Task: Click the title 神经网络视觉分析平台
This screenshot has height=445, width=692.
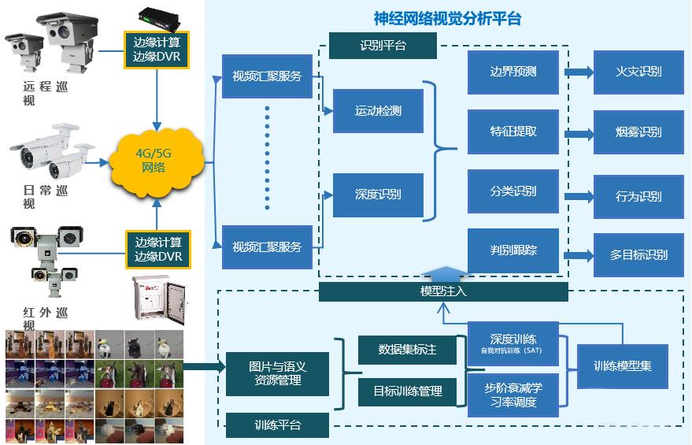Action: click(447, 18)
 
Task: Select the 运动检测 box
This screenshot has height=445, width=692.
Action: click(378, 111)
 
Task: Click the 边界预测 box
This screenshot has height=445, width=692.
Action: click(513, 72)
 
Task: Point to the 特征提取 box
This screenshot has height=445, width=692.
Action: click(513, 132)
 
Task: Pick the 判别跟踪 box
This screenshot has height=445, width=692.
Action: click(513, 250)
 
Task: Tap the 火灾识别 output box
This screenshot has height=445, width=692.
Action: click(638, 72)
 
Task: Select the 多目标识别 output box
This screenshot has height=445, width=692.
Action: click(638, 254)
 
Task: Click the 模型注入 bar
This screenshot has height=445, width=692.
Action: click(443, 291)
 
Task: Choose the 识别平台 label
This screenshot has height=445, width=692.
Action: click(383, 46)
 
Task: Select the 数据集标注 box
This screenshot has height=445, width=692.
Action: click(407, 350)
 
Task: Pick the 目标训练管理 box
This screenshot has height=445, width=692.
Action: click(407, 391)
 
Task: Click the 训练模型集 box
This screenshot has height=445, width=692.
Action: click(622, 365)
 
